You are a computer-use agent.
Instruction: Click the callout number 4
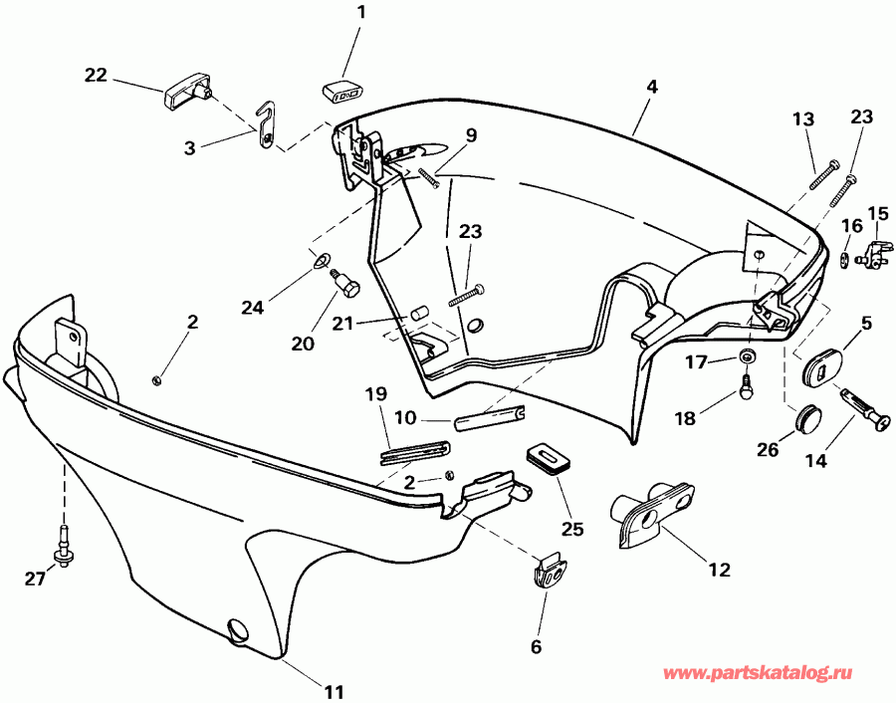click(651, 87)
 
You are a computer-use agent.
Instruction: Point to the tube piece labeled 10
click(491, 417)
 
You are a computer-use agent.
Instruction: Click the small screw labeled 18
click(745, 390)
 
